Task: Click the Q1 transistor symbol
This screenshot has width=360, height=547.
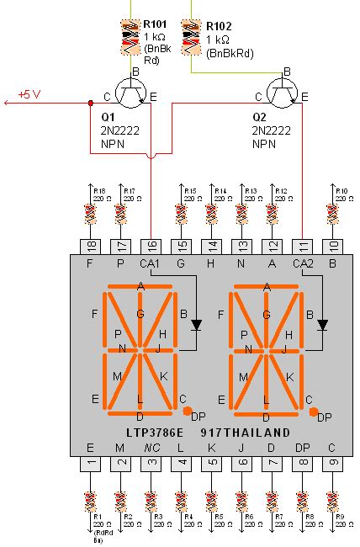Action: pos(131,93)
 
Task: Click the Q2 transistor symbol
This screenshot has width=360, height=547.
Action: pos(279,93)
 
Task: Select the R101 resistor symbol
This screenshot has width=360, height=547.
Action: pos(131,34)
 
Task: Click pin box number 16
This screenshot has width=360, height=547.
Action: pos(151,246)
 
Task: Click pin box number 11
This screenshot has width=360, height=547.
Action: pos(302,246)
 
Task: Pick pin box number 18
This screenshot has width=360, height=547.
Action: pos(91,246)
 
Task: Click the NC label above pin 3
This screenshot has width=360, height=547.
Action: pos(151,448)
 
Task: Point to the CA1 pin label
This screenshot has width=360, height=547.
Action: pos(151,263)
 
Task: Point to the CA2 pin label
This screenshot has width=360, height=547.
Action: pos(302,263)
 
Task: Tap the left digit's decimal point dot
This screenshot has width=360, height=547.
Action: pos(186,411)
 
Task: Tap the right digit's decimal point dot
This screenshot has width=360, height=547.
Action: pos(313,412)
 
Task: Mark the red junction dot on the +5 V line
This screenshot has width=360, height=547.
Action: pos(91,104)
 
